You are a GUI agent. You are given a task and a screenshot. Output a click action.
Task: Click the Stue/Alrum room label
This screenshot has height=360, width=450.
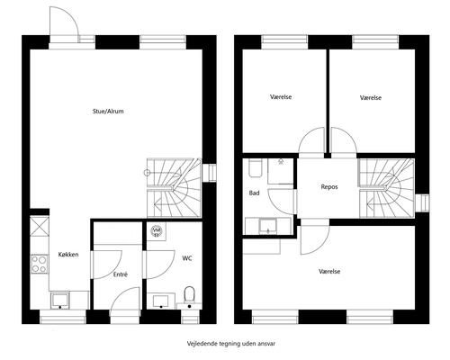click(x=108, y=112)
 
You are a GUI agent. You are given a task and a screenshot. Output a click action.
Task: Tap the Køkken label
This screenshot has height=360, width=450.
click(x=68, y=255)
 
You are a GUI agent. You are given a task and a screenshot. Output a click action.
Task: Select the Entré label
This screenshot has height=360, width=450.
click(x=121, y=274)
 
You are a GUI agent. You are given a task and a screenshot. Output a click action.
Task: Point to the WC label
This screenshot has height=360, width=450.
click(x=187, y=258)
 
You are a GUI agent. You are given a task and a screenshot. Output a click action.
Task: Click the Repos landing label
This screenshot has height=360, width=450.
click(x=329, y=187)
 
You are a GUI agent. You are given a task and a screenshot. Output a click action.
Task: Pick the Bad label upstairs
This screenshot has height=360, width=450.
click(x=254, y=193)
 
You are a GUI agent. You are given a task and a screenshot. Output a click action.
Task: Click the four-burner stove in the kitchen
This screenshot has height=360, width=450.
click(x=40, y=264)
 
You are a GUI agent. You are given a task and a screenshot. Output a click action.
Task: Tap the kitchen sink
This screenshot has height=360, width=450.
click(x=60, y=301)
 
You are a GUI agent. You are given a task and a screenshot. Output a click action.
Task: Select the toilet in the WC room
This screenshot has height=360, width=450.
click(x=189, y=295)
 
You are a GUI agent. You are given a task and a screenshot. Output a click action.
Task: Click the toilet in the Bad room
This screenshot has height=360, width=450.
click(x=256, y=168)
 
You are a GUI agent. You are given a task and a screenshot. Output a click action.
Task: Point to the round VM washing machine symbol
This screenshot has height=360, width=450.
click(x=157, y=230)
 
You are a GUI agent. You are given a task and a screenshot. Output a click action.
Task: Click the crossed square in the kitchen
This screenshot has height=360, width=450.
click(x=40, y=227)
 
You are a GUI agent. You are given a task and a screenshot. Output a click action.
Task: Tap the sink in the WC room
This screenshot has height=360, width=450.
click(x=161, y=301)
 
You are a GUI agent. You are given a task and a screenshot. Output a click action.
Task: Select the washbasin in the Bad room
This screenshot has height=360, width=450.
click(x=268, y=226)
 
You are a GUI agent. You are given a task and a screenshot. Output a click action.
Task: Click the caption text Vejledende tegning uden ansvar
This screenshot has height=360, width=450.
click(x=231, y=344)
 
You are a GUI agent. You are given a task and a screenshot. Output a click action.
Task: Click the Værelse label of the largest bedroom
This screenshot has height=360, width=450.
click(x=329, y=272)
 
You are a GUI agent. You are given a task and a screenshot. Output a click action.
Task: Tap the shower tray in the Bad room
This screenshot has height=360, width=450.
click(x=281, y=171)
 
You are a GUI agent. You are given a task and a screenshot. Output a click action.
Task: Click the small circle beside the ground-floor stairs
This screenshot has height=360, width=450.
click(x=147, y=173)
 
